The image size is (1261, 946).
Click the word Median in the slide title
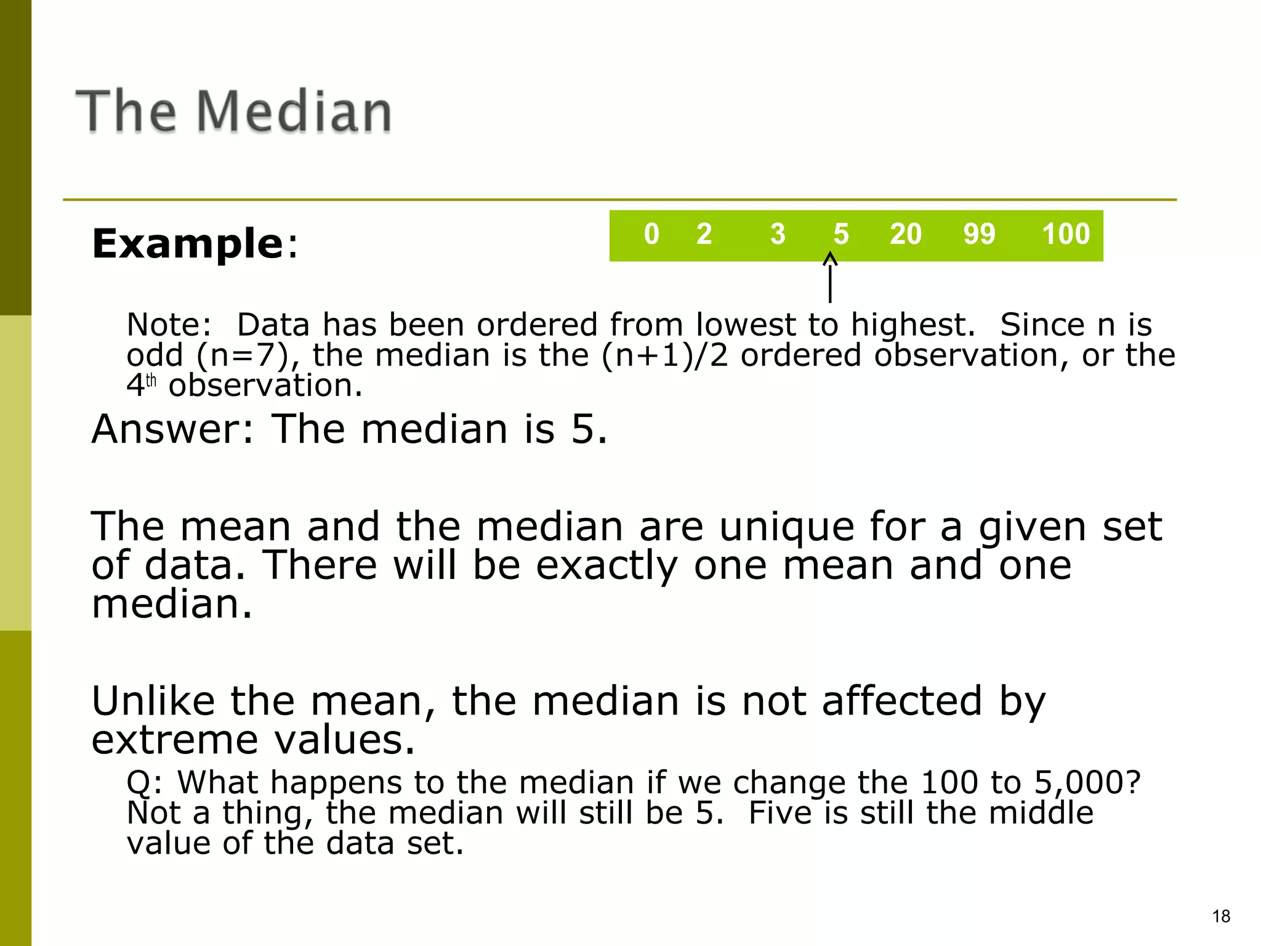coord(294,111)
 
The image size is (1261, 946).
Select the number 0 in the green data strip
coord(651,234)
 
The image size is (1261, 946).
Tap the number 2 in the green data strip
coord(704,234)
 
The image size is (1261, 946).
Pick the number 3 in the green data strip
coord(778,234)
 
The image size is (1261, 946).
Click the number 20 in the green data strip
coord(905,234)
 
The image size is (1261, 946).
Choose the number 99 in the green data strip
coord(979,234)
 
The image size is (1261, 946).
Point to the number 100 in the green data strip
coord(1066,234)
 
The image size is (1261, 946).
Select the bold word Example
coord(188,244)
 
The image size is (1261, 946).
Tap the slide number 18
coord(1221,916)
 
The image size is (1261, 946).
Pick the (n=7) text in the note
coord(243,355)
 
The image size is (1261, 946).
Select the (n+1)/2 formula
coord(664,355)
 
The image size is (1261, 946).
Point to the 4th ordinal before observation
coord(141,386)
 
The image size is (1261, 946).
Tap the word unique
coord(787,527)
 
